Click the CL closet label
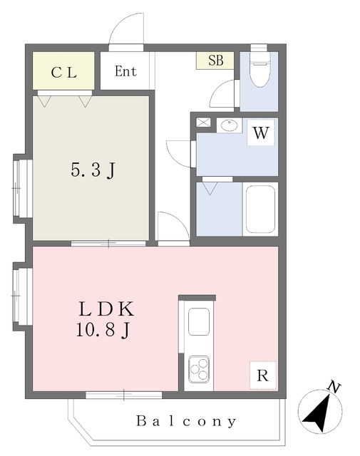coord(63,73)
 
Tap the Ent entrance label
coord(125,71)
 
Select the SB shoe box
coord(215,61)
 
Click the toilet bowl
coord(259,70)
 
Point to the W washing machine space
coord(261,133)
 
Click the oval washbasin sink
coord(230,125)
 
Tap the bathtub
coord(260,209)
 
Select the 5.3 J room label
coord(93,170)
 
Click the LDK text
coord(106,309)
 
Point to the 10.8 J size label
coord(103,330)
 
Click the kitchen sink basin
coord(199,321)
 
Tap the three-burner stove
coord(199,369)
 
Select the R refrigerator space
coord(262,375)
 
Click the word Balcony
coord(186,421)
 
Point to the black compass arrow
coord(318,413)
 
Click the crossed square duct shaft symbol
coord(203,123)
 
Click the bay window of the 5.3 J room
coord(23,188)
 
